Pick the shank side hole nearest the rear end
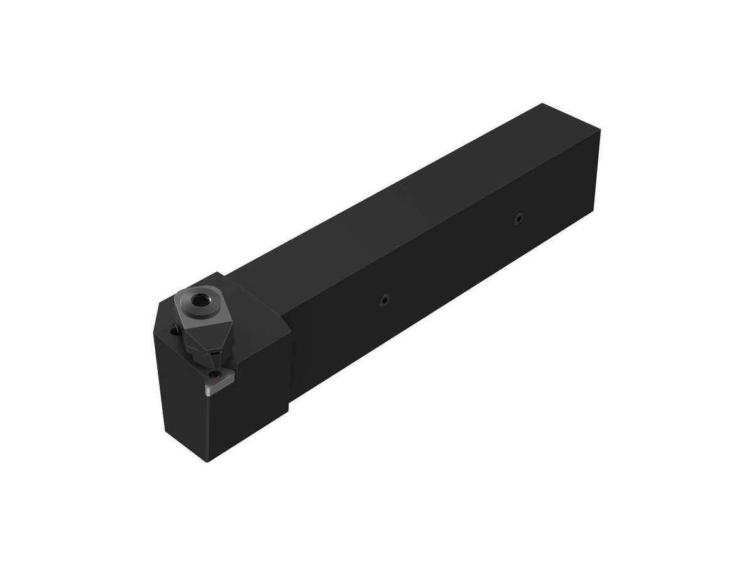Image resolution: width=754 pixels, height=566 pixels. point(518,219)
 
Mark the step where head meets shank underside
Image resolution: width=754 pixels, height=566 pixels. point(290,412)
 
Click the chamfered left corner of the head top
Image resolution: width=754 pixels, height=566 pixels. point(158,318)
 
